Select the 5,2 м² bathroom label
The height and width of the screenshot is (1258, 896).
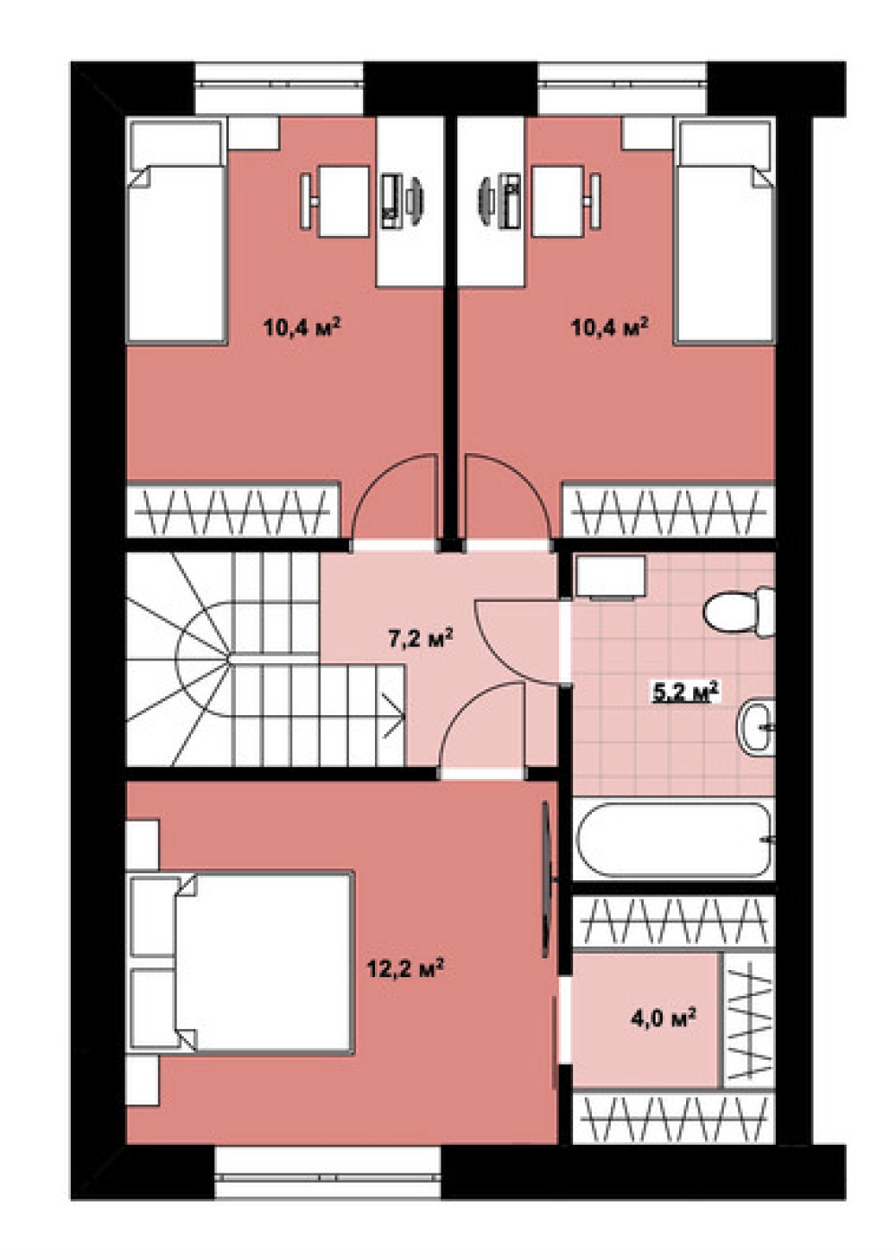685,692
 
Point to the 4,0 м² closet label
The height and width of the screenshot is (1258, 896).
664,1018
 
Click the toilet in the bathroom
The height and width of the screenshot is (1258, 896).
739,613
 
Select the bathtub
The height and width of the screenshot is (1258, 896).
674,840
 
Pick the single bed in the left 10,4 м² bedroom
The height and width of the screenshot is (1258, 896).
177,232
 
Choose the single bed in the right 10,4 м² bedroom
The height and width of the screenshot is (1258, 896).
725,232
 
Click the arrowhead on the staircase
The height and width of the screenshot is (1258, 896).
394,715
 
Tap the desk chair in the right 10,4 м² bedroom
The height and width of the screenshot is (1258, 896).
595,201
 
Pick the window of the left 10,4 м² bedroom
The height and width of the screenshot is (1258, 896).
279,87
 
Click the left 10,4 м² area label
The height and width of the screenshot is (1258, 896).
302,327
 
